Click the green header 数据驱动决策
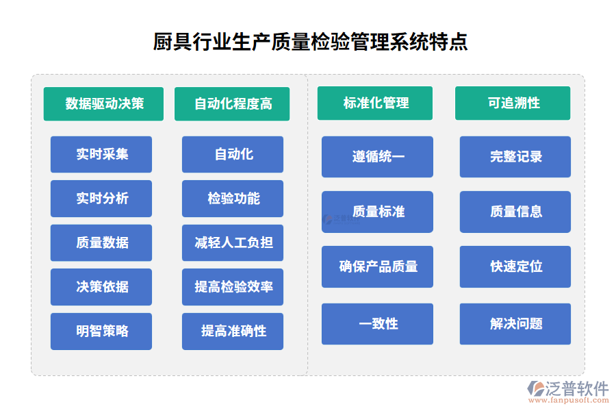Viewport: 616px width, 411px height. pyautogui.click(x=103, y=103)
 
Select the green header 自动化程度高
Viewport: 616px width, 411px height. pyautogui.click(x=232, y=103)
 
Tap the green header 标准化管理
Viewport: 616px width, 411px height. pyautogui.click(x=375, y=103)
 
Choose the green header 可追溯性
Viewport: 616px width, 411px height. pyautogui.click(x=513, y=103)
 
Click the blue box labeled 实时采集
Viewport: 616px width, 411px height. pyautogui.click(x=101, y=154)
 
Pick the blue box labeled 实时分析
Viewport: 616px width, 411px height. pyautogui.click(x=101, y=199)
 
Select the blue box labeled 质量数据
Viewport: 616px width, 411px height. pyautogui.click(x=101, y=242)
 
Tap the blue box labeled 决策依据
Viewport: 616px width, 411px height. pyautogui.click(x=101, y=287)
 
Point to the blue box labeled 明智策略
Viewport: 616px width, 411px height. pyautogui.click(x=101, y=332)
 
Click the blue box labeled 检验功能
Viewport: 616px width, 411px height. pyautogui.click(x=233, y=199)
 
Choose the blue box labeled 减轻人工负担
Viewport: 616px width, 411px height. pyautogui.click(x=233, y=242)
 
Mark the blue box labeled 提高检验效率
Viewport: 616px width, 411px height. pyautogui.click(x=233, y=287)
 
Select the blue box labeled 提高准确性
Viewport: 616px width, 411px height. pyautogui.click(x=233, y=332)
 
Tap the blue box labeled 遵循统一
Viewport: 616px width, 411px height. pyautogui.click(x=377, y=157)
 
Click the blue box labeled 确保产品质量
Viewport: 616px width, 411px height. pyautogui.click(x=377, y=266)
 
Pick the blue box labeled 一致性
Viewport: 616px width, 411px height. pyautogui.click(x=377, y=324)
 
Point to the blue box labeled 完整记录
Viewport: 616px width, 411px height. pyautogui.click(x=515, y=157)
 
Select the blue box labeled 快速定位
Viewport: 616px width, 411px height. pyautogui.click(x=515, y=266)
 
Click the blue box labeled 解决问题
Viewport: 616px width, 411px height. pyautogui.click(x=515, y=324)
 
